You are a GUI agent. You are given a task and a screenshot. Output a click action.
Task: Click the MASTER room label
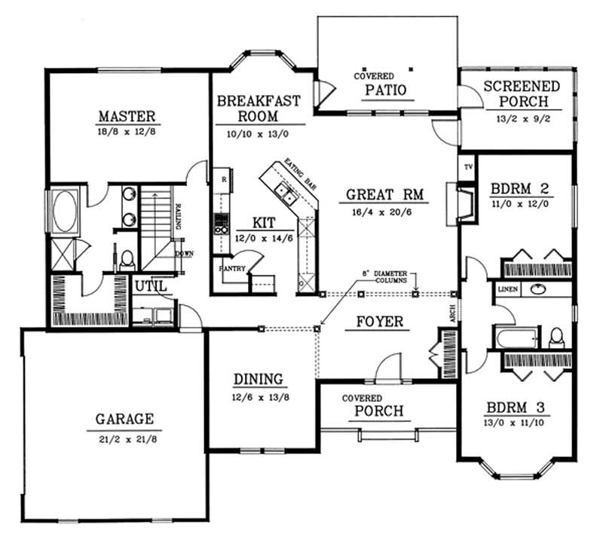point(127,117)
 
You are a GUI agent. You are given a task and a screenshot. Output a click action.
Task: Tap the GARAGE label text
point(124,419)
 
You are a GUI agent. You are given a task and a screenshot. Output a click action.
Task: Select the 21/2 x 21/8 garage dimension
point(124,436)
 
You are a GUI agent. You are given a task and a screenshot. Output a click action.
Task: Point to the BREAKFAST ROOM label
point(259,108)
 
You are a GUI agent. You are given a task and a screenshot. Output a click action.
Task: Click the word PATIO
point(386,90)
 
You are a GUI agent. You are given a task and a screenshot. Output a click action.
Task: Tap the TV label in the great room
point(467,166)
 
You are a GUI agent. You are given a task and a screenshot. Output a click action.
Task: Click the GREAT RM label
point(386,195)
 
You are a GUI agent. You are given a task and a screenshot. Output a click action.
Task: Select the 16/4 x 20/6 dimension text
point(386,212)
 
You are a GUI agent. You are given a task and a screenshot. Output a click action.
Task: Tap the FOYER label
point(379,322)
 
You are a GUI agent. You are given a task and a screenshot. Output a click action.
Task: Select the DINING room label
point(257,379)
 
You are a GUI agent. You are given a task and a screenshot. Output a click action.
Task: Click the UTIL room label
point(150,286)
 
